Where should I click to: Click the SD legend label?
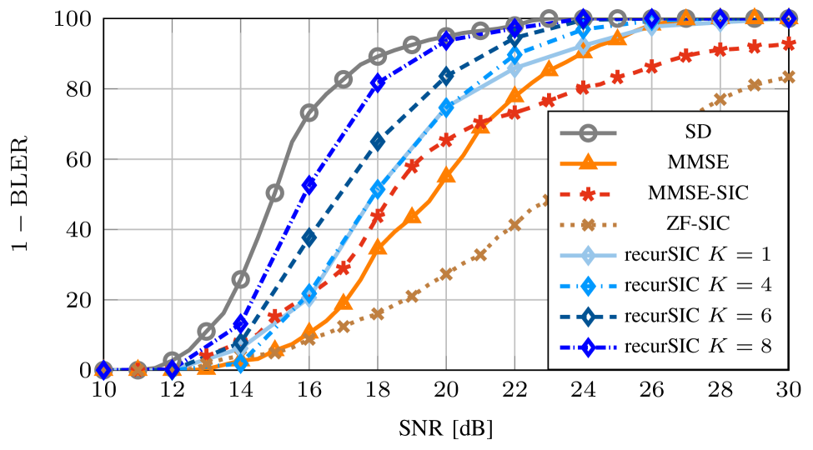tap(698, 131)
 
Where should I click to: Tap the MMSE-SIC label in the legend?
tap(698, 192)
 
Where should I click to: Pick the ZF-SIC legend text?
tap(698, 223)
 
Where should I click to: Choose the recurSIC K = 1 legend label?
tap(697, 254)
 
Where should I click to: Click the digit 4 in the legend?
tap(765, 285)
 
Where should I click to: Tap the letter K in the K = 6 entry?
tap(715, 316)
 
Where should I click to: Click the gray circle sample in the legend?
tap(588, 131)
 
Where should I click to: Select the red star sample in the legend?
tap(588, 193)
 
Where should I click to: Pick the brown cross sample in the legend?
tap(588, 224)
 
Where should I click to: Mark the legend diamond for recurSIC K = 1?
tap(588, 255)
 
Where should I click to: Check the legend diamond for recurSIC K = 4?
tap(588, 286)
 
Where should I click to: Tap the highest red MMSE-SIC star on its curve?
tap(788, 43)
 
